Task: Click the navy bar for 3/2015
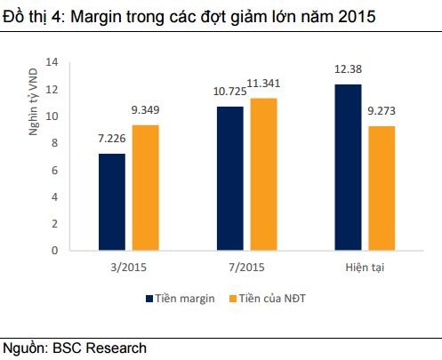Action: (x=112, y=202)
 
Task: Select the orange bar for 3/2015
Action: (x=147, y=188)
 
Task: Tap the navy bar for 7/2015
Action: (x=230, y=178)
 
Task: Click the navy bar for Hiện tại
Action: (x=348, y=167)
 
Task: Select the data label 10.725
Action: (x=230, y=93)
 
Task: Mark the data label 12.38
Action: (x=349, y=72)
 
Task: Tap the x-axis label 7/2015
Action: (x=247, y=266)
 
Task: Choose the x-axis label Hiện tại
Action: (x=366, y=266)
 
